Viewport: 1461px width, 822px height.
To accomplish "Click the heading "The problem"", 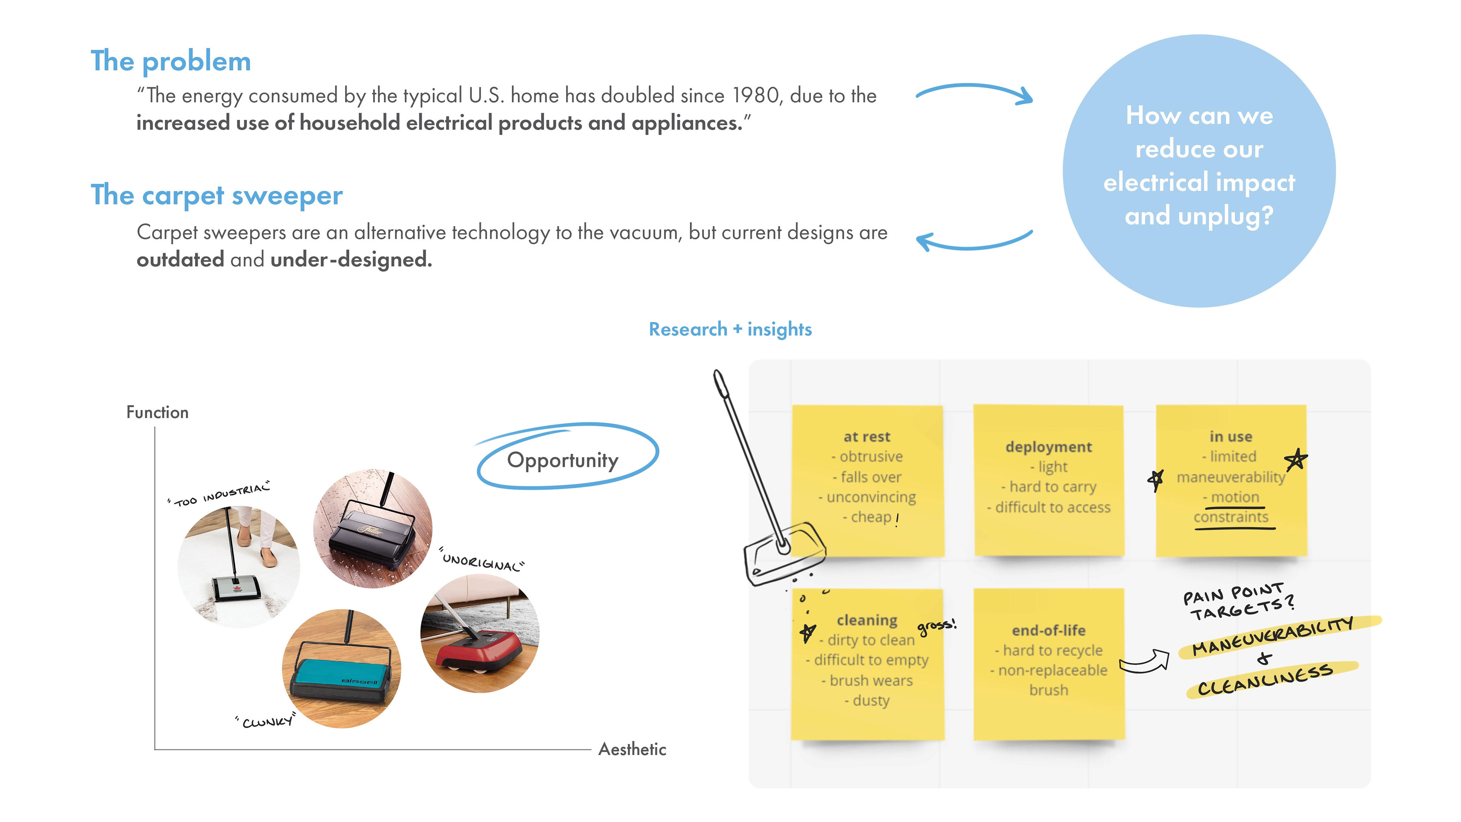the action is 171,61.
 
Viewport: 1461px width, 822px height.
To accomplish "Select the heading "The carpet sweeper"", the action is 216,196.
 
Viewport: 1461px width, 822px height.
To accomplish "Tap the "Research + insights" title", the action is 730,329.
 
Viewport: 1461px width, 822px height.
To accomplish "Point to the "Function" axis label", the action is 157,413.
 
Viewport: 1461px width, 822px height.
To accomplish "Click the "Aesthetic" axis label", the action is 632,749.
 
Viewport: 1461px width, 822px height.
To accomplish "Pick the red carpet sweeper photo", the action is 480,633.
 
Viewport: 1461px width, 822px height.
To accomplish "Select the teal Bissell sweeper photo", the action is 341,668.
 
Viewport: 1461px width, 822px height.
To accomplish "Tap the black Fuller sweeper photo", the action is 372,529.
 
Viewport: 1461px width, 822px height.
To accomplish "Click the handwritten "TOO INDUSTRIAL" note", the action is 220,495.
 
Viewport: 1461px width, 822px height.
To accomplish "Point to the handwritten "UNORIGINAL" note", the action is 483,562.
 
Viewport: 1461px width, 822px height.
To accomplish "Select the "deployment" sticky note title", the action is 1048,447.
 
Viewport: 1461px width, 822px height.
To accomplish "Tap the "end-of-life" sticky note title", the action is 1049,630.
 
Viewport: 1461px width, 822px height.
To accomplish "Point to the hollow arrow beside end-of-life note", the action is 1144,661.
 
